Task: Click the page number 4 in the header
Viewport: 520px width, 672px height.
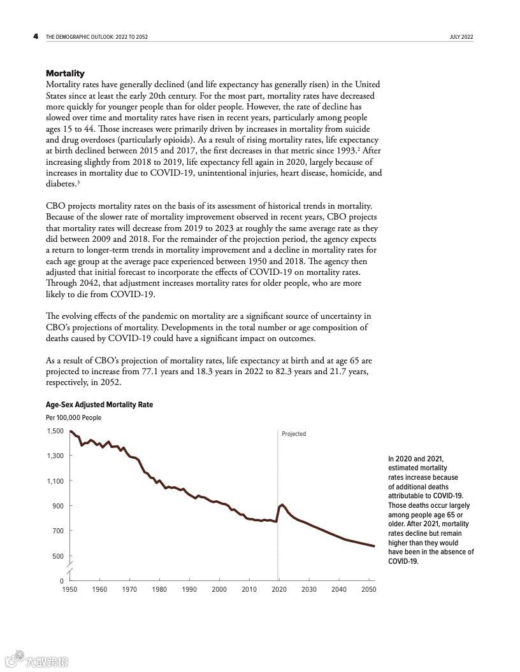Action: point(36,36)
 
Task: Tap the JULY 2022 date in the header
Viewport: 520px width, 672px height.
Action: point(461,37)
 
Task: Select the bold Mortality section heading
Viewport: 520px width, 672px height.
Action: point(65,74)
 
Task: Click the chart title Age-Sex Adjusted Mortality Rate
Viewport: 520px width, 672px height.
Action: point(99,405)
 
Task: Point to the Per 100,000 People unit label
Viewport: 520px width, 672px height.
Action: point(73,418)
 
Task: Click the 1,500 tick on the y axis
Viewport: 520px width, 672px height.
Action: point(55,431)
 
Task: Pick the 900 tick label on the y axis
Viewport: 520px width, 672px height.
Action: point(58,506)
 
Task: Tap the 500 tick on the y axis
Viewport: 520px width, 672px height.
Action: point(58,556)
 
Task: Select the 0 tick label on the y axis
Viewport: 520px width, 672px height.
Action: point(62,581)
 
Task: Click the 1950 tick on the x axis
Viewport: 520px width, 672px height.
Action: point(69,590)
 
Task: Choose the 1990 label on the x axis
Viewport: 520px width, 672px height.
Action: point(189,590)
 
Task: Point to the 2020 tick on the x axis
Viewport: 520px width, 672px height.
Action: point(278,590)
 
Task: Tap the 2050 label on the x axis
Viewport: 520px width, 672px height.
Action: point(368,590)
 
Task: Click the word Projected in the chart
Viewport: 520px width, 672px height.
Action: point(294,434)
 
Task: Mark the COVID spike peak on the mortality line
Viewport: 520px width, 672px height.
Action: point(282,505)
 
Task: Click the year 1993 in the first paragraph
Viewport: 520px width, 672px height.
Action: point(343,151)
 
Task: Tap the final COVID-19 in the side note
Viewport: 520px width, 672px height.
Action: point(403,561)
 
